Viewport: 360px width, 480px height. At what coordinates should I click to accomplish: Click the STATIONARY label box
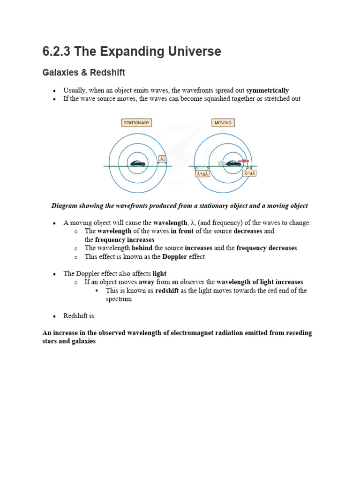(136, 123)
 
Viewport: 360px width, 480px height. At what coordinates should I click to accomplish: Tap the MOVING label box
(223, 123)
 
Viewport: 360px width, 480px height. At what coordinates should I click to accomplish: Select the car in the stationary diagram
(138, 163)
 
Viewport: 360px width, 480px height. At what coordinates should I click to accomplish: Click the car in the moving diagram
(233, 163)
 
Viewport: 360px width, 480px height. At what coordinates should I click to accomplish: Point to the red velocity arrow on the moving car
(244, 161)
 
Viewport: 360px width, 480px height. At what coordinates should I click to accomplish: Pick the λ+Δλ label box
(202, 173)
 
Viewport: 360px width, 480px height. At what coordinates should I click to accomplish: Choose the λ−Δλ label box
(250, 173)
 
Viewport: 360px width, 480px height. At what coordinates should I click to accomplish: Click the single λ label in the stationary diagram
(162, 158)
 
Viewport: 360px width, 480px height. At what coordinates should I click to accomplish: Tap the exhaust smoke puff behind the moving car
(222, 163)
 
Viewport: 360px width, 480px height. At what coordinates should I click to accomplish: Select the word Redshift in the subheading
(108, 73)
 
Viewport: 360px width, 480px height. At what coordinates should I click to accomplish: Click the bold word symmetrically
(267, 90)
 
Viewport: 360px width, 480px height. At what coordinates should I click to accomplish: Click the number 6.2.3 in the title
(56, 52)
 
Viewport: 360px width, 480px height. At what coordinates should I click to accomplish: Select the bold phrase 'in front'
(182, 232)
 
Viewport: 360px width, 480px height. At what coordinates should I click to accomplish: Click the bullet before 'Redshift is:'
(54, 316)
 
